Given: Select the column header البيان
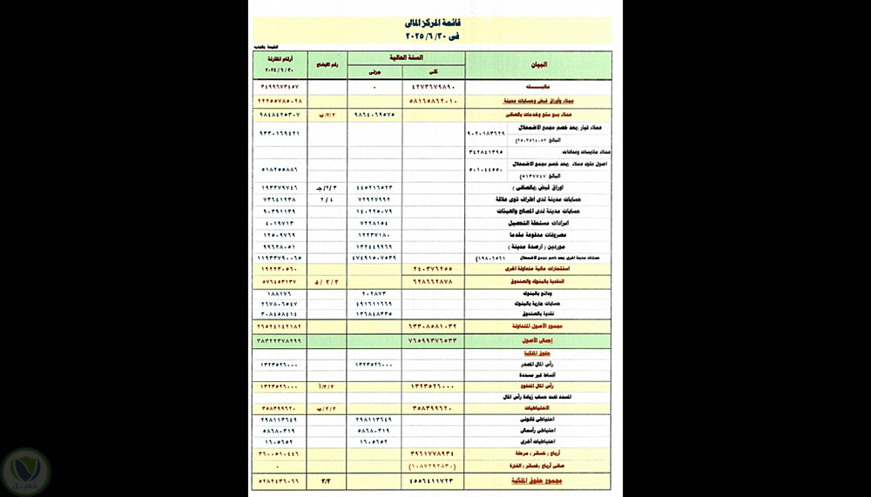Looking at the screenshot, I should pos(538,65).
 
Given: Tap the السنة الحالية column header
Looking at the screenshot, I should pos(406,57).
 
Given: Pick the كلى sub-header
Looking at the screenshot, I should pos(434,72).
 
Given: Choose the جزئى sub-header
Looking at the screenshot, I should pos(375,72).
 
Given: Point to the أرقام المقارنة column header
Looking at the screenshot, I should pos(280,65).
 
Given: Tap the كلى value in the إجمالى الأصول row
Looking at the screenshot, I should pos(434,341).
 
